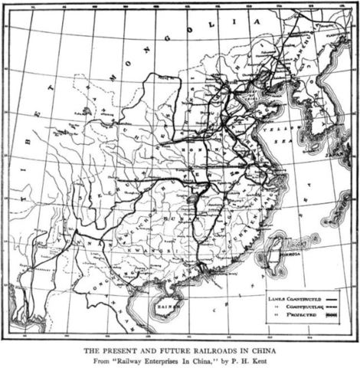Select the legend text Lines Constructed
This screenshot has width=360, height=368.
tap(292, 294)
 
